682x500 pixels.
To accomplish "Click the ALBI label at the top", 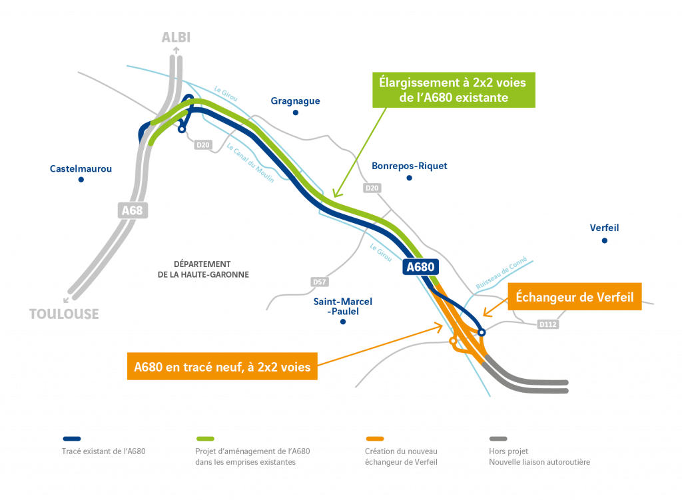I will [176, 38].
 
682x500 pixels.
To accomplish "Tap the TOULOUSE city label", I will [64, 314].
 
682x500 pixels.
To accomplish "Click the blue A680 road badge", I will [421, 267].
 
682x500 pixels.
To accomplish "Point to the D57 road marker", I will [320, 282].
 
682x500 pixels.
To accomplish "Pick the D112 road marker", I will [547, 324].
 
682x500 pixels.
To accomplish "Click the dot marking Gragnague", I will [296, 113].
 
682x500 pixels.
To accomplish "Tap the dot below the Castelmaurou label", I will [81, 180].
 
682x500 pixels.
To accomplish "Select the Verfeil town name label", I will [604, 228].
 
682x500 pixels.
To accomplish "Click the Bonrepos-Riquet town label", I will [410, 166].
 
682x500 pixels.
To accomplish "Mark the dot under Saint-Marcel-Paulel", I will [343, 322].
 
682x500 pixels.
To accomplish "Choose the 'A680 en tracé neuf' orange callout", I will [222, 367].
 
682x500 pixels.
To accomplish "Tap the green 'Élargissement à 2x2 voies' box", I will [453, 90].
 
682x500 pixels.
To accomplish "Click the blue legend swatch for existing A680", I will [72, 439].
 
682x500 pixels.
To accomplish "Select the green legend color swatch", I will [204, 439].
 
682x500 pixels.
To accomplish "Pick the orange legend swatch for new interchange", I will [375, 439].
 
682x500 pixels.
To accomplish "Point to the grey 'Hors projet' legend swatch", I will [498, 439].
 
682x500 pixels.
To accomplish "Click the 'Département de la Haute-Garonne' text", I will [203, 269].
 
